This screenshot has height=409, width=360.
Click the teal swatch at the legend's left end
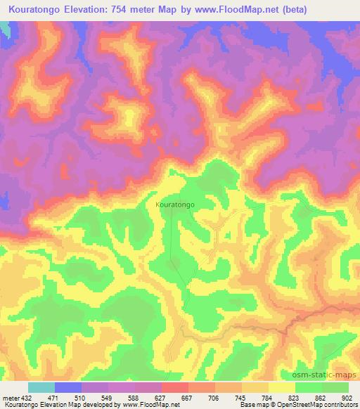point(41,387)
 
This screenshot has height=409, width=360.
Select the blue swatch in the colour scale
point(68,387)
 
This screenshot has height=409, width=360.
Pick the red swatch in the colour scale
point(174,387)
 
